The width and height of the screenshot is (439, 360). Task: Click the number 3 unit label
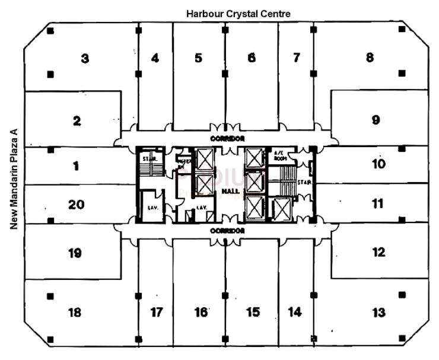(x=85, y=59)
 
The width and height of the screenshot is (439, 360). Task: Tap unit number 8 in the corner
(x=370, y=58)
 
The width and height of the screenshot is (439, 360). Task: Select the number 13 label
(x=378, y=312)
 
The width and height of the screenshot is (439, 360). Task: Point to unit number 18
(x=74, y=313)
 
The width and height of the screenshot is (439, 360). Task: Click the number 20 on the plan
(x=76, y=205)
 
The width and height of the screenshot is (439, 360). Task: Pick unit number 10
(x=378, y=163)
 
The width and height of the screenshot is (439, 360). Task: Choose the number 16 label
(x=202, y=312)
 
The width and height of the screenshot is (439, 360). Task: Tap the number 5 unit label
(x=199, y=58)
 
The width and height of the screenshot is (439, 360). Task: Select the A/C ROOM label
(x=279, y=155)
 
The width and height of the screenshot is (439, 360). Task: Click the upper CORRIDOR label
(x=227, y=138)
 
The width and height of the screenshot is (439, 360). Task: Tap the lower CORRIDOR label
(x=227, y=230)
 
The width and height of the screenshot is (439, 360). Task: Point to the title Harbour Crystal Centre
(x=238, y=13)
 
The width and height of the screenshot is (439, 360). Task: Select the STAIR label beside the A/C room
(x=301, y=183)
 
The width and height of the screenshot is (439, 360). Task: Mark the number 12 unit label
(x=378, y=253)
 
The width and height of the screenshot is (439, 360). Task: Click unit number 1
(x=76, y=166)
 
